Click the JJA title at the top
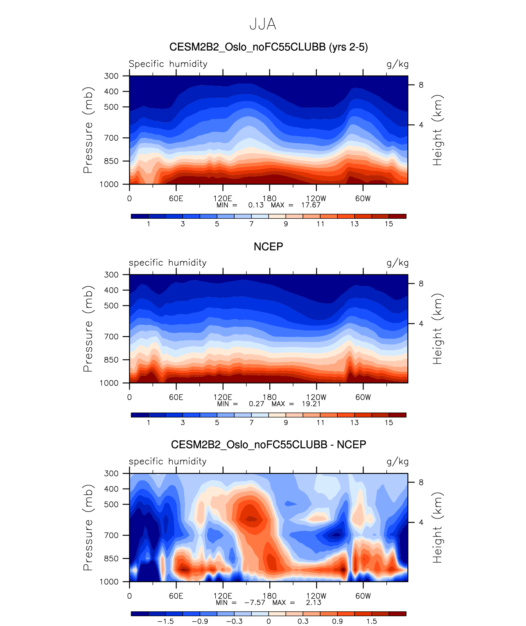point(263,25)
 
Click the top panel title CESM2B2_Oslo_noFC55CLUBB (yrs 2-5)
point(269,47)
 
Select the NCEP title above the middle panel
point(269,247)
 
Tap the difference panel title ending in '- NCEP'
point(269,444)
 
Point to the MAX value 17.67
point(311,205)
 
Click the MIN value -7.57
point(255,603)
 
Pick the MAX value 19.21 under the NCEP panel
point(311,404)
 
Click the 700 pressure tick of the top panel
point(111,138)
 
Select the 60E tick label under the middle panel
point(176,397)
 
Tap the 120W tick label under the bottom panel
point(316,596)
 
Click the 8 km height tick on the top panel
point(421,85)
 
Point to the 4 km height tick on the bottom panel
point(421,523)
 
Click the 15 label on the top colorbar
point(389,224)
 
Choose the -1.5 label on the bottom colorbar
point(165,622)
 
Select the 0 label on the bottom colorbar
point(269,622)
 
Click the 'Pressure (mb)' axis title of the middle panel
point(88,329)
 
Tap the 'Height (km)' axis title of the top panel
point(438,130)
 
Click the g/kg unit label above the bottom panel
point(397,462)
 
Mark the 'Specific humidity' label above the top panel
point(168,64)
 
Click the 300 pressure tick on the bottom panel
point(111,473)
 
